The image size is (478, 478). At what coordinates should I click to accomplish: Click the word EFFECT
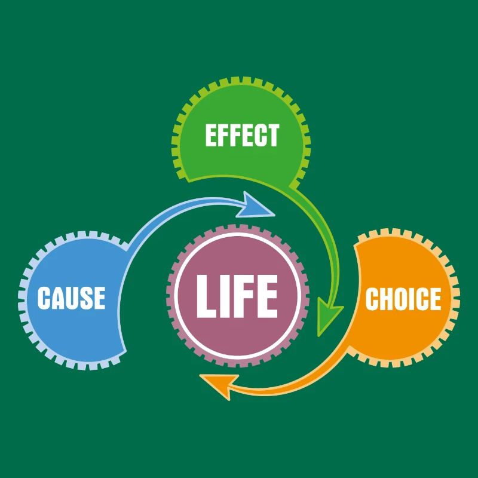pyautogui.click(x=242, y=136)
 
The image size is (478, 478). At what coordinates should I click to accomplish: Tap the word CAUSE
pyautogui.click(x=71, y=298)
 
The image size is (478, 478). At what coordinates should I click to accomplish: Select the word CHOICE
pyautogui.click(x=403, y=299)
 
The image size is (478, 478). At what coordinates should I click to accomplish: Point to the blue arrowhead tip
pyautogui.click(x=274, y=210)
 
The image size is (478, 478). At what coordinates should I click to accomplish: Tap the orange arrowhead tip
pyautogui.click(x=201, y=380)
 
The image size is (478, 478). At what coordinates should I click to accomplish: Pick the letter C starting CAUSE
pyautogui.click(x=44, y=298)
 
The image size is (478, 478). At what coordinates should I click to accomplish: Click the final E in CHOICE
pyautogui.click(x=435, y=299)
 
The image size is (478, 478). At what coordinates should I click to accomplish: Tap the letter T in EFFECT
pyautogui.click(x=272, y=136)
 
